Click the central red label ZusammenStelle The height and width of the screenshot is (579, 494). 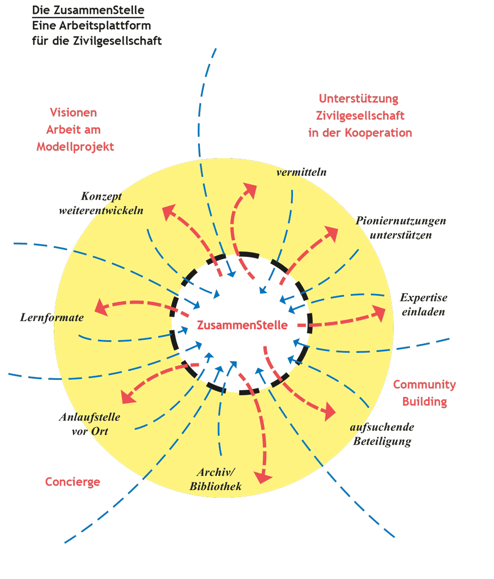tap(242, 325)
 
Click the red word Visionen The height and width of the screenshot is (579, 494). tap(74, 113)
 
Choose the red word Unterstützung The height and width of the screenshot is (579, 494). tap(359, 99)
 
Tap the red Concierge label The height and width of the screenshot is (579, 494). tap(72, 482)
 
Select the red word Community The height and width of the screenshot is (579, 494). tap(424, 384)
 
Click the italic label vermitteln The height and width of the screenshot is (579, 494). tap(302, 172)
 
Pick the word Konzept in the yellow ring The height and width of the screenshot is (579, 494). tap(102, 196)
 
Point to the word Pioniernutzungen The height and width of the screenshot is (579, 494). tap(401, 221)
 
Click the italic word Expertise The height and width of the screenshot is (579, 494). tap(424, 297)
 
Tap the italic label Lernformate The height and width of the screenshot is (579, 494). tap(52, 317)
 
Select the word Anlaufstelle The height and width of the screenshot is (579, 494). tap(89, 417)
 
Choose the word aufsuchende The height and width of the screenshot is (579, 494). tap(382, 427)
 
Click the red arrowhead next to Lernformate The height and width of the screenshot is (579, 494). tap(100, 307)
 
